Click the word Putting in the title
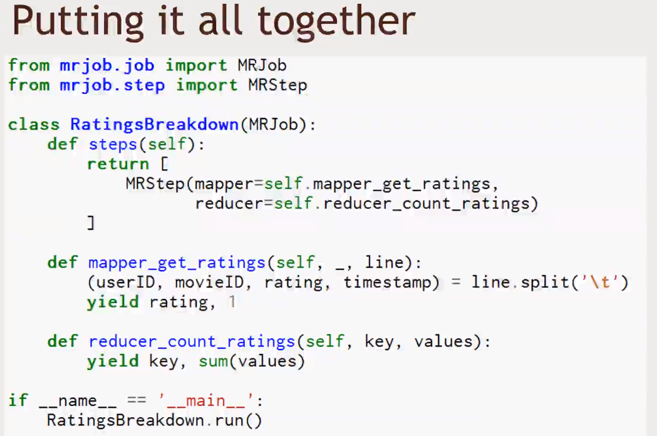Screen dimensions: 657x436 [74, 22]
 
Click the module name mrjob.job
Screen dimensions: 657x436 [107, 65]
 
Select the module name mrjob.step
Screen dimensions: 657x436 [112, 85]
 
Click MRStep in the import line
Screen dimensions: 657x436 [277, 85]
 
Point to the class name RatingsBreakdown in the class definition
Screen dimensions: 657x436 [154, 124]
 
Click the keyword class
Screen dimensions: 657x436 [34, 124]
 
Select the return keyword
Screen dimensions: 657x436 [118, 164]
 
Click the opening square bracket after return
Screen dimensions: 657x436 [165, 164]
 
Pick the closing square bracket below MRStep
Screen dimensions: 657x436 [91, 223]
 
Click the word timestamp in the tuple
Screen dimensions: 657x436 [387, 282]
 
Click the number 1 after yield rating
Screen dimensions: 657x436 [232, 302]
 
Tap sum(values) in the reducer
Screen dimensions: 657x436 [251, 361]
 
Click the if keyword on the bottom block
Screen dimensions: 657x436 [18, 400]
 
